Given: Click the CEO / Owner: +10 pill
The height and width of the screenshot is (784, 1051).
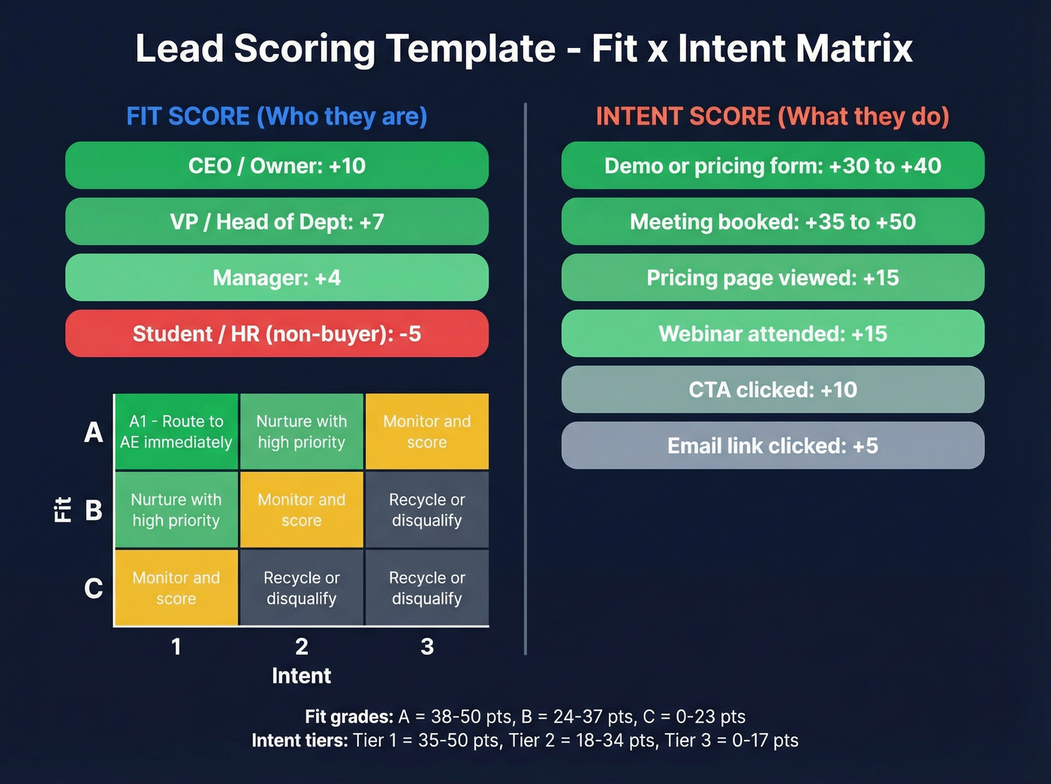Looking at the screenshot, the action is tap(276, 166).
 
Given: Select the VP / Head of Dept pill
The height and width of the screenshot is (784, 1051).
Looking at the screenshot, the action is tap(276, 222).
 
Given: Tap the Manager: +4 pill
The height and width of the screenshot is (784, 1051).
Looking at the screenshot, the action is tap(276, 278).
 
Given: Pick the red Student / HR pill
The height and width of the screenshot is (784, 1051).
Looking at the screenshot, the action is tap(276, 334).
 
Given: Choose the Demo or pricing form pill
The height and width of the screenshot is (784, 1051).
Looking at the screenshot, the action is tap(772, 166).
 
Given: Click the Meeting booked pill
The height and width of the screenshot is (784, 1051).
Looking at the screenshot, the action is tap(772, 222).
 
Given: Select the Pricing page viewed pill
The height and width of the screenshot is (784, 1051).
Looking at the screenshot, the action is tap(772, 278).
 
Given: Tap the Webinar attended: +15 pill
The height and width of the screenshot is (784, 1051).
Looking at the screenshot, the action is tap(772, 334).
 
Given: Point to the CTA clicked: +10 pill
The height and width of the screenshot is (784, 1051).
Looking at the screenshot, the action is tap(772, 390).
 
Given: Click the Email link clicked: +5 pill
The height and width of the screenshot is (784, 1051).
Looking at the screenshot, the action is tap(772, 446).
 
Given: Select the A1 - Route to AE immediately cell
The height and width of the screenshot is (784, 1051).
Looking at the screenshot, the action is tap(176, 432).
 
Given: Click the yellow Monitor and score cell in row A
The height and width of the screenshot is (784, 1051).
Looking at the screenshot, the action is tap(427, 432).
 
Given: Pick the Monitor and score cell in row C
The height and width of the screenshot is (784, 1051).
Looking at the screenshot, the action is tap(176, 588).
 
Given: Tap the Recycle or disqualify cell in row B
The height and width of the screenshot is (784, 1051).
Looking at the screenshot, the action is tap(427, 510).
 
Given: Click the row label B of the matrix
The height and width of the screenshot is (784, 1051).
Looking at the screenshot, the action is tap(94, 510).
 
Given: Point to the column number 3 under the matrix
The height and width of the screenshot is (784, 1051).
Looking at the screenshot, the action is tap(427, 647).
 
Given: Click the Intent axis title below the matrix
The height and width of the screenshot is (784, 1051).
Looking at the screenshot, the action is tap(301, 676).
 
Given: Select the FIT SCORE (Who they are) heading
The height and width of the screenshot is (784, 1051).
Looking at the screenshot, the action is tap(276, 116).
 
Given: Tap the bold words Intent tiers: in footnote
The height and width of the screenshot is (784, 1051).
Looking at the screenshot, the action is tap(300, 740).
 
